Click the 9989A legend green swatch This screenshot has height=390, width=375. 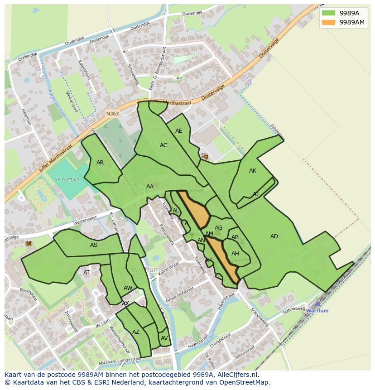328,13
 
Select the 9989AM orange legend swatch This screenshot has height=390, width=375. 328,22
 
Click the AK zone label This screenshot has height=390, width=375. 253,171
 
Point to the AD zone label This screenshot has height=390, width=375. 274,236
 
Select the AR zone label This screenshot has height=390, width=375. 100,163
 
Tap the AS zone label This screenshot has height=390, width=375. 94,245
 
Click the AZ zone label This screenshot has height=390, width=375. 136,332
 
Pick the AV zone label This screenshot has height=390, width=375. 164,338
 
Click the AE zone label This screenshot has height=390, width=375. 178,131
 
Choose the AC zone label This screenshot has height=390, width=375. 163,145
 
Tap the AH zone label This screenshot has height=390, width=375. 235,254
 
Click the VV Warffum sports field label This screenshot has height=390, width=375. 67,179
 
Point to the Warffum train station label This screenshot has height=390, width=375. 317,311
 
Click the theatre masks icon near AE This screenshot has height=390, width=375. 205,156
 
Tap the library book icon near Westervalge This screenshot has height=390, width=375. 29,244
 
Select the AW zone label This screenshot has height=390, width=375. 128,288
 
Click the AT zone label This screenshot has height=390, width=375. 87,273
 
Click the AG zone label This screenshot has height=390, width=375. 218,228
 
